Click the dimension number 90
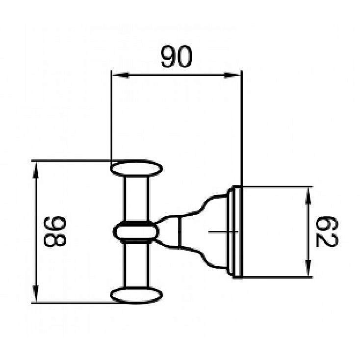point(177,58)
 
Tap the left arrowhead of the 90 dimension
point(118,75)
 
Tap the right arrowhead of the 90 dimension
point(235,75)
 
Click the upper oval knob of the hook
point(136,169)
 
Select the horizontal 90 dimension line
point(147,75)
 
